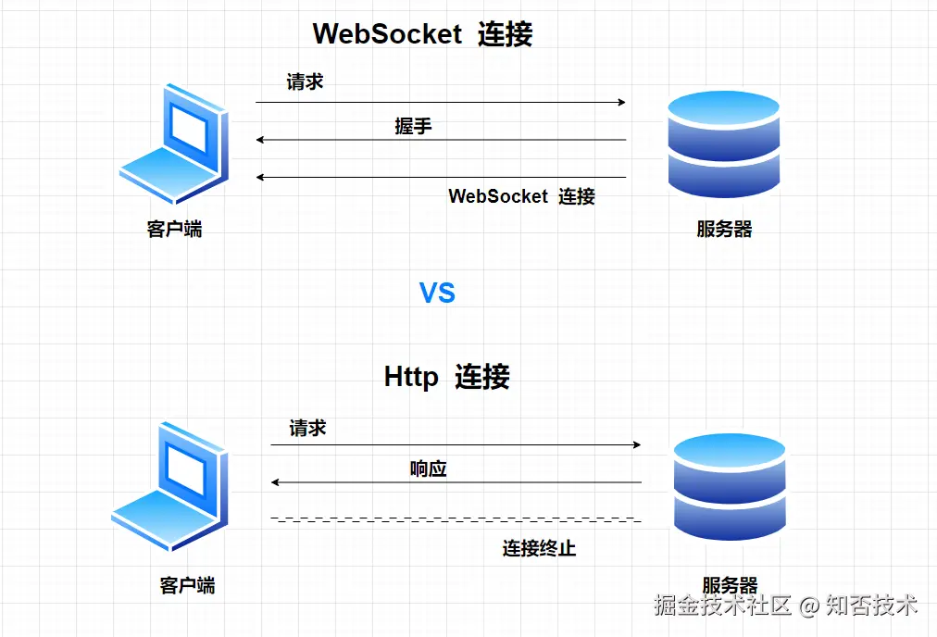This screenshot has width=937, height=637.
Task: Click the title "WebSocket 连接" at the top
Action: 422,34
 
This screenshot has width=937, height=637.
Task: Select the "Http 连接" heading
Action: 446,377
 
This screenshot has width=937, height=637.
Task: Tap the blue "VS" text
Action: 437,294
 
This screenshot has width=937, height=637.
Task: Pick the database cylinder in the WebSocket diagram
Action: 724,144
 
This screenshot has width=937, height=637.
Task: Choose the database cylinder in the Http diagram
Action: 730,487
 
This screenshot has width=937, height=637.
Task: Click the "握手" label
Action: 413,126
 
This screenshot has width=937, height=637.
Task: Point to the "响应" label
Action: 428,468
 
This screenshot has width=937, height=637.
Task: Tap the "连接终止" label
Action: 539,548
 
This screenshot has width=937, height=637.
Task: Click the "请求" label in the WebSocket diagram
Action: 305,82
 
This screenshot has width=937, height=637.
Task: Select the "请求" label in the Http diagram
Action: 307,428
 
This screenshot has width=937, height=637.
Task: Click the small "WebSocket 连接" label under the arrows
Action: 521,196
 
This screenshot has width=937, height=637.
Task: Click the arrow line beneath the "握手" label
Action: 441,140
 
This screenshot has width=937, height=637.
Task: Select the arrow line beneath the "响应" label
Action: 456,482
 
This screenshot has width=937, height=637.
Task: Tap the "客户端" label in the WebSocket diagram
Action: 174,229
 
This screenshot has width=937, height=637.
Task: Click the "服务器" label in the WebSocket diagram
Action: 724,229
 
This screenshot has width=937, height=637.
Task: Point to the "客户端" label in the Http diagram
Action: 187,585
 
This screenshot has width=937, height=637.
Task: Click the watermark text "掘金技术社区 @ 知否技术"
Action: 785,606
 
